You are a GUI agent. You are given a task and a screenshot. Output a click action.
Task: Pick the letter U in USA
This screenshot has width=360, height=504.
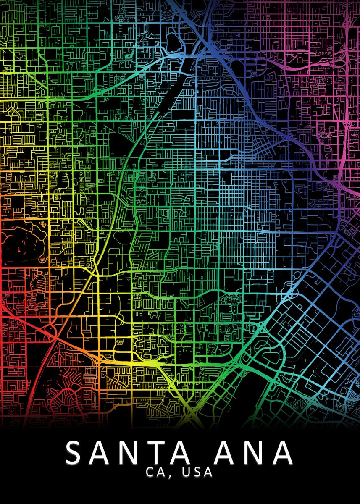click(x=186, y=472)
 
